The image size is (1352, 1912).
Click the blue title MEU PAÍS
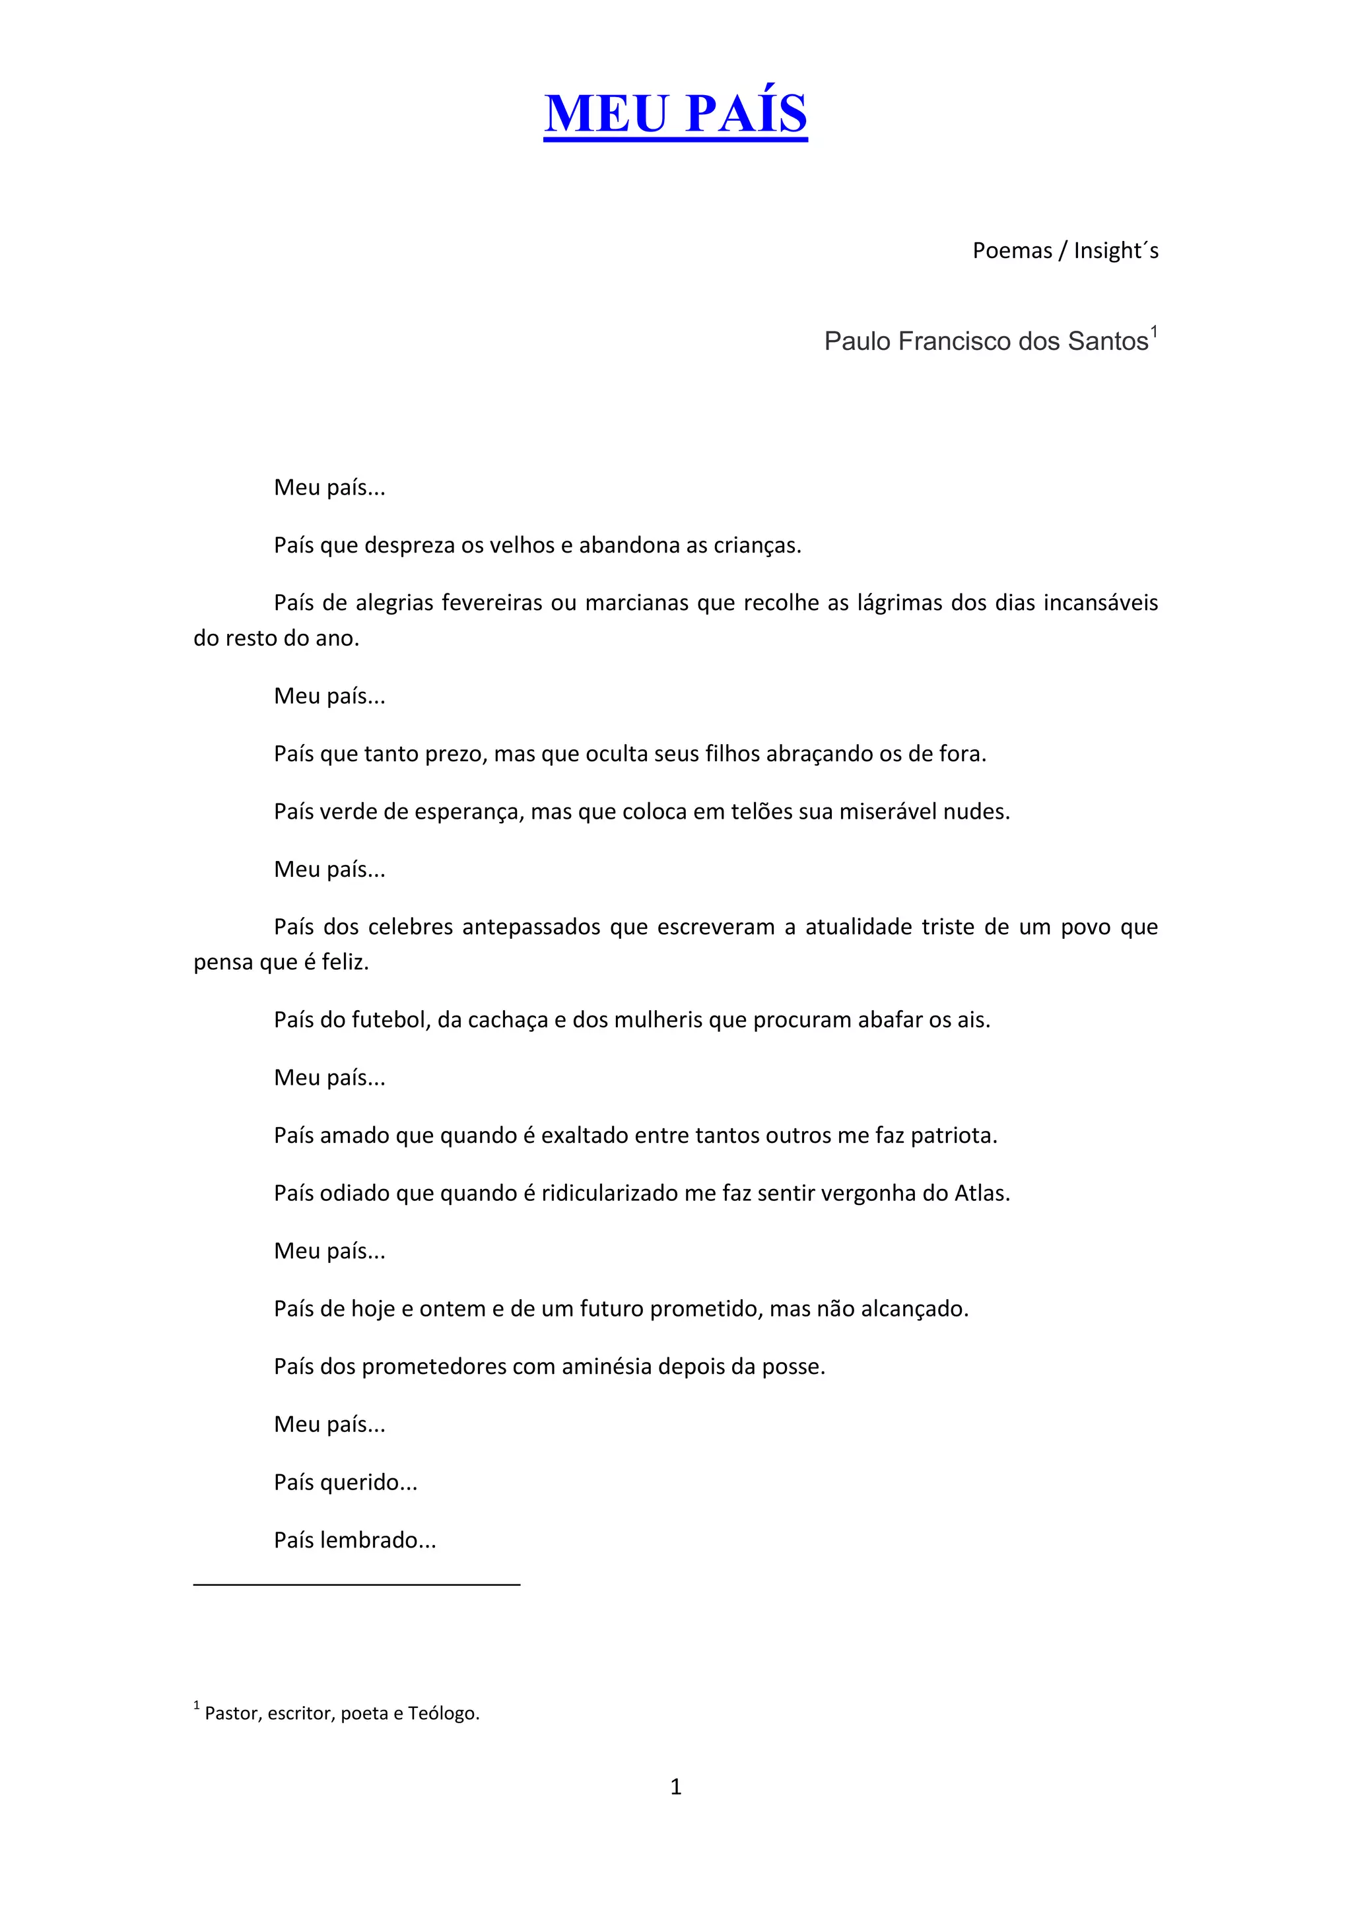click(675, 114)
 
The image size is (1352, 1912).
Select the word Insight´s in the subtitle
click(1116, 251)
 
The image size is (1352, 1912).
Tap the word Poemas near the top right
click(1012, 251)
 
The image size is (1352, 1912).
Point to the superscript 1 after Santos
click(1154, 332)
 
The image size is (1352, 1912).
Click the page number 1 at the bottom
click(675, 1787)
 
